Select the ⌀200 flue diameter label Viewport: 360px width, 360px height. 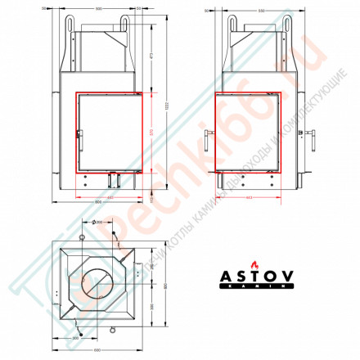(x=98, y=222)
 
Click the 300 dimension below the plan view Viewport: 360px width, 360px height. (x=76, y=335)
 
